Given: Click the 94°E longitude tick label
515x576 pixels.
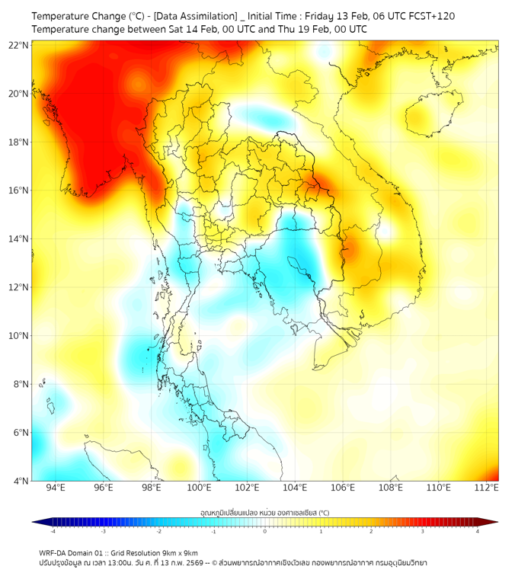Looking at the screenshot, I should pos(56,488).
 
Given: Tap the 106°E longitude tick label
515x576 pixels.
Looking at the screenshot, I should pos(343,488).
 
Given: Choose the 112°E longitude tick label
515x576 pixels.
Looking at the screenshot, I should pos(486,488).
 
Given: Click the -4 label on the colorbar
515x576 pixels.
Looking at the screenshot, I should pos(53,531).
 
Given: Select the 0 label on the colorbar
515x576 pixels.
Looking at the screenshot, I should pos(265,531).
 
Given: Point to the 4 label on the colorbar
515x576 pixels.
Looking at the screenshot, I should pos(478,531).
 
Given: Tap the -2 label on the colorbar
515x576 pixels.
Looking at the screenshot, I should pos(158,531).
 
